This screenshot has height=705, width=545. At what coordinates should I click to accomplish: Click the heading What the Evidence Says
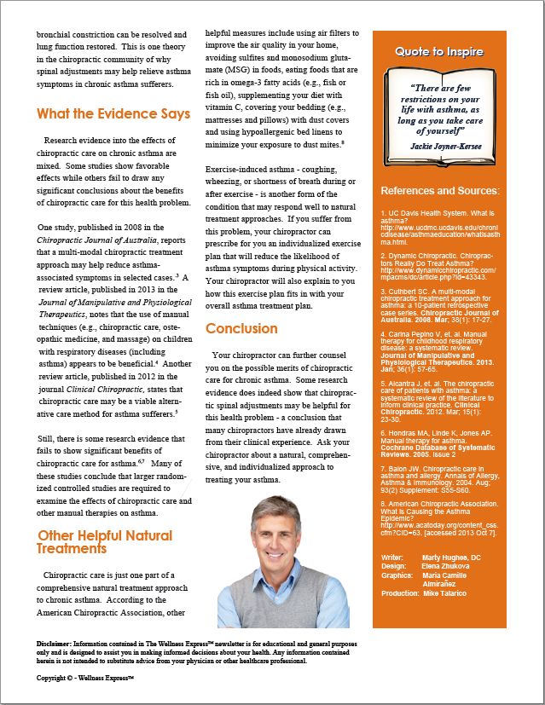click(113, 113)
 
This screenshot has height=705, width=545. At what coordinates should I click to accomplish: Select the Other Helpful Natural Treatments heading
click(105, 542)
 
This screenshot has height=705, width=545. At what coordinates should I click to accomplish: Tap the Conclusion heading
click(241, 328)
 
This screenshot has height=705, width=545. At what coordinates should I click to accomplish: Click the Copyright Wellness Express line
click(85, 679)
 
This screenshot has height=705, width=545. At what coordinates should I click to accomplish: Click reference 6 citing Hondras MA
click(436, 433)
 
